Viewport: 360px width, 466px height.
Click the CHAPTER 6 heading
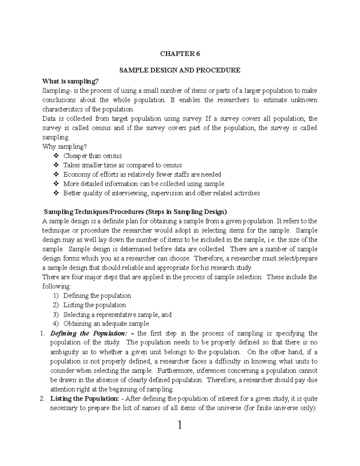pos(180,54)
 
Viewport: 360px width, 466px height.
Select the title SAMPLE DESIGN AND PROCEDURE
pos(180,71)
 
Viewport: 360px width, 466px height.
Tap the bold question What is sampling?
pos(70,81)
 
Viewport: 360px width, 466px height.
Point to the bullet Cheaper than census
pos(92,156)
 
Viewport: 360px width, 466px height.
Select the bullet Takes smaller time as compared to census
pos(122,165)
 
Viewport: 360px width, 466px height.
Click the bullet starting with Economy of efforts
pos(142,175)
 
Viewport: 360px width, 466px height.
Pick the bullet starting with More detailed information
pos(143,184)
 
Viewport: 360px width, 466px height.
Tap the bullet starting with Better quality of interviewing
pos(161,193)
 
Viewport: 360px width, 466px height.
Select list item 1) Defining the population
pos(97,296)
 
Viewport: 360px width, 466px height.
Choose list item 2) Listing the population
pos(94,305)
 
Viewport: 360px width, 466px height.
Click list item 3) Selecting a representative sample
pos(117,314)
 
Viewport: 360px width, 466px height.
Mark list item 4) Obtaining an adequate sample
pos(106,324)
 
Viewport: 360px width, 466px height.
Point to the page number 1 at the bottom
pos(180,425)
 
